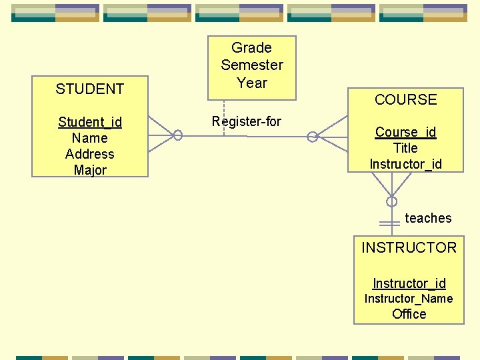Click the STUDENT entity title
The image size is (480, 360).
coord(89,89)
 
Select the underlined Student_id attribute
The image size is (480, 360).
coord(89,122)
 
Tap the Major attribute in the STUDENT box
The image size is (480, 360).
coord(89,170)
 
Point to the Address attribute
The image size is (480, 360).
coord(89,154)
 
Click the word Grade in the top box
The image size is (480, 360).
coord(251,48)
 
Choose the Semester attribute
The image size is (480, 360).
coord(251,65)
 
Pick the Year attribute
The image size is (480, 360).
coord(251,83)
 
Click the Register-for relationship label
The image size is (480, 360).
coord(246,121)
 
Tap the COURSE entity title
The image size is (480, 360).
coord(405,100)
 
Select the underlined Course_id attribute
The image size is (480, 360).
coord(405,132)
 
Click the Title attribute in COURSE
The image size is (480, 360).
coord(405,148)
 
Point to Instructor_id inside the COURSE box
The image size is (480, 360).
coord(405,164)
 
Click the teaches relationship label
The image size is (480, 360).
coord(428,218)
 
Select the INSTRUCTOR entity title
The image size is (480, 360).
coord(409,248)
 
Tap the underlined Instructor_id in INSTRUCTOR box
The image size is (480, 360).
coord(409,283)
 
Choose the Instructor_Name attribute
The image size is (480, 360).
coord(409,299)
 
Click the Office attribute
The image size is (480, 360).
coord(409,314)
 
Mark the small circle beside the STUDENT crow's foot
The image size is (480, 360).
coord(178,135)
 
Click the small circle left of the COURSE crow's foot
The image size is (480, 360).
coord(312,137)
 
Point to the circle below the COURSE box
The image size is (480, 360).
coord(392,201)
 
